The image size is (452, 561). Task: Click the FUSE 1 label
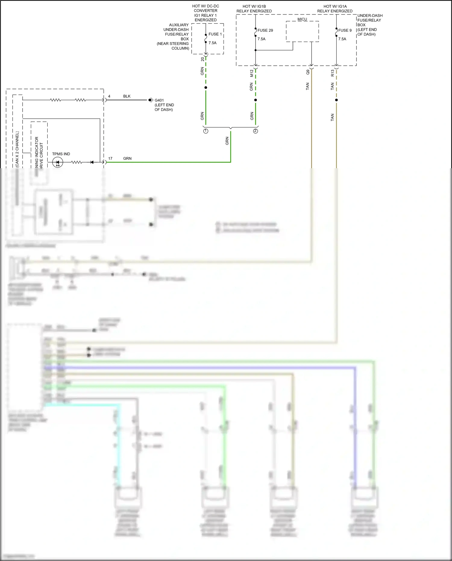click(x=215, y=34)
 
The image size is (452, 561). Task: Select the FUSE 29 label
click(x=265, y=30)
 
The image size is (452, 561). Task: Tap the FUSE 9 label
click(x=345, y=30)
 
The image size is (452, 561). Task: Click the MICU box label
click(x=302, y=19)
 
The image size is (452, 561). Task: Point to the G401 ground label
click(x=159, y=100)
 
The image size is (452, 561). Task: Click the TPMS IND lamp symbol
click(x=58, y=162)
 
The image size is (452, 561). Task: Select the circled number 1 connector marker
click(x=206, y=131)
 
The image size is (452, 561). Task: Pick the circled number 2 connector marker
click(x=256, y=131)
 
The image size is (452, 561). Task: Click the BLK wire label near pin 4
click(x=127, y=96)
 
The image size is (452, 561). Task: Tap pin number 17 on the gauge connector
click(x=110, y=158)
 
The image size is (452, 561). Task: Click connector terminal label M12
click(x=252, y=73)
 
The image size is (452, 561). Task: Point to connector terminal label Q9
click(x=308, y=72)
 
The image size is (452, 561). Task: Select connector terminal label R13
click(x=332, y=73)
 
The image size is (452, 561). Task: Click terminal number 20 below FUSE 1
click(x=202, y=59)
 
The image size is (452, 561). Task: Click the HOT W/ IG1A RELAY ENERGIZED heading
click(x=335, y=8)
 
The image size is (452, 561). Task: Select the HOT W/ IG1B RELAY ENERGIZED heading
click(x=254, y=8)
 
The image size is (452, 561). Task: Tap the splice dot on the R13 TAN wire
click(x=336, y=100)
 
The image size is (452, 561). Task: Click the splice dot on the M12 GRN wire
click(x=256, y=100)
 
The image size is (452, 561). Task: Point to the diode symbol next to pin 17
click(x=92, y=162)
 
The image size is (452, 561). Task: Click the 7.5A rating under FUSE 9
click(x=342, y=39)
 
